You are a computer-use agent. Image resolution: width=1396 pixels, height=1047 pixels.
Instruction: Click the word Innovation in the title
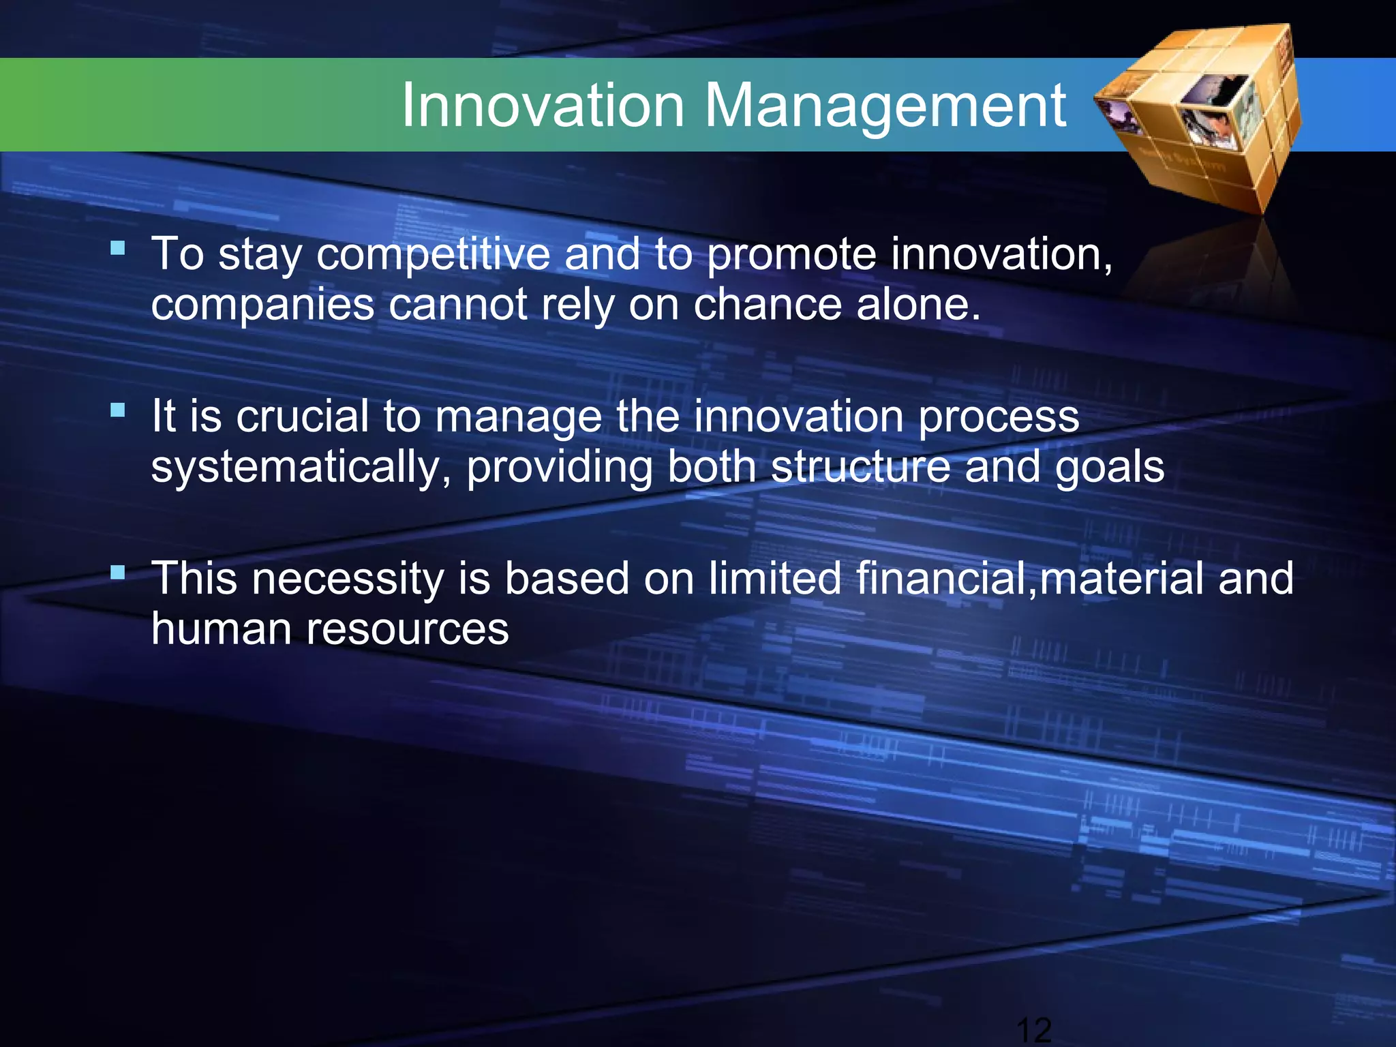coord(543,106)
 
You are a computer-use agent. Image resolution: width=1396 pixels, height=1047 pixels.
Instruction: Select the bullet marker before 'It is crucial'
coord(118,410)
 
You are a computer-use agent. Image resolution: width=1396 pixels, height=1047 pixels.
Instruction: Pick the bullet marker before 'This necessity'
coord(118,572)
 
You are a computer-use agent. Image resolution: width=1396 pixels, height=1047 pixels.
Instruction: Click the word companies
coord(262,305)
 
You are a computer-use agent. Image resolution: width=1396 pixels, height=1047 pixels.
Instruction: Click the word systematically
coord(301,469)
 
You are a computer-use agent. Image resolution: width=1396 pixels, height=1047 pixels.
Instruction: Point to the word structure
coord(860,468)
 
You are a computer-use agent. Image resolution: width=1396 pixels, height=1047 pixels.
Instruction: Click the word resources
coord(407,630)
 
